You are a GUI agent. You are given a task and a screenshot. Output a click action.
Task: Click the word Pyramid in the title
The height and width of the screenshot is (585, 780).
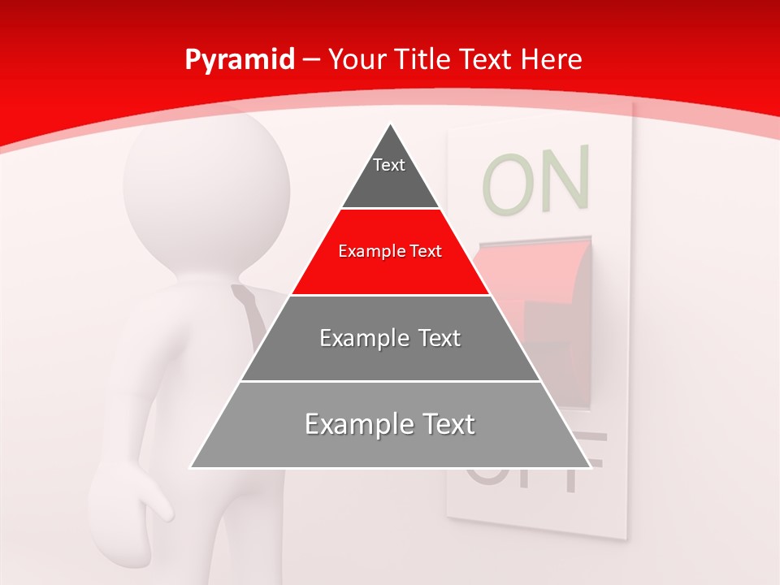[x=239, y=60]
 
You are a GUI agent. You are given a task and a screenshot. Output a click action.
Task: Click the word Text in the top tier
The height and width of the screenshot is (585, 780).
[x=388, y=165]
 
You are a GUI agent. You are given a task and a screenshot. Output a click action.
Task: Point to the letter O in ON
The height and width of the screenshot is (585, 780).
[x=505, y=184]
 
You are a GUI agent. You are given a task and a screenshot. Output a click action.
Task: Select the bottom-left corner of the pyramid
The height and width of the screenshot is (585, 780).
[x=192, y=467]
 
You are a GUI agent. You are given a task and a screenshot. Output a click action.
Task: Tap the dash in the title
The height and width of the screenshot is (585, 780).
[x=311, y=60]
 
